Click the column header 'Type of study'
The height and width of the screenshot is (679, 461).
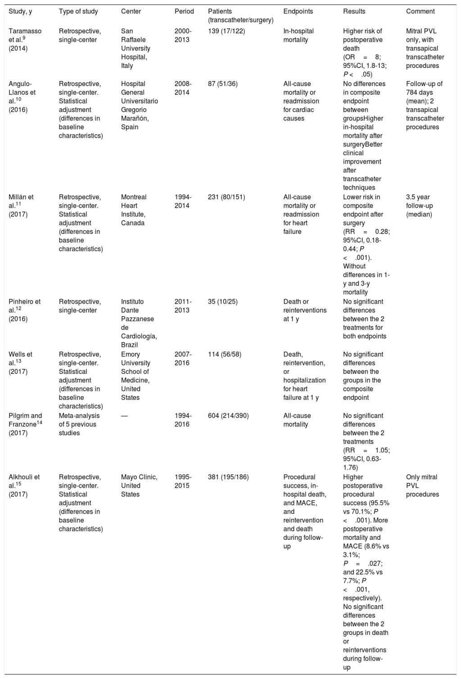(x=78, y=11)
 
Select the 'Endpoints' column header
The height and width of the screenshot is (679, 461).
(x=298, y=11)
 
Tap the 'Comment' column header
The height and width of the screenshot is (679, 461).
(x=420, y=11)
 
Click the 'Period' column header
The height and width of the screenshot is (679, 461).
(x=184, y=11)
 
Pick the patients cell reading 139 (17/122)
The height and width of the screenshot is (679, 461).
(x=227, y=31)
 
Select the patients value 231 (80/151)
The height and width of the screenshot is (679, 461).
(x=226, y=197)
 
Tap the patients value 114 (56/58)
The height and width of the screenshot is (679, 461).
(x=225, y=354)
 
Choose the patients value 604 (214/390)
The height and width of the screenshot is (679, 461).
(x=228, y=416)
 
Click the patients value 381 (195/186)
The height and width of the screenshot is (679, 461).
(x=228, y=477)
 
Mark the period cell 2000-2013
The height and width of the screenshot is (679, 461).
(x=183, y=36)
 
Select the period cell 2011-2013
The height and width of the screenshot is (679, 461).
(x=183, y=306)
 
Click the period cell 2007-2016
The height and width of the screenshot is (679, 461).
(x=183, y=359)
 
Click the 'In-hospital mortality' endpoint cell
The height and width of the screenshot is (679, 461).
(x=298, y=36)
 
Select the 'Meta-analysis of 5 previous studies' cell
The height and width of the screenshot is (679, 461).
(x=79, y=424)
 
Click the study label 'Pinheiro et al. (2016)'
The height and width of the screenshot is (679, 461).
(x=24, y=310)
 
